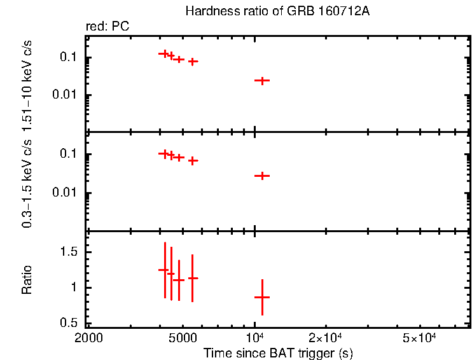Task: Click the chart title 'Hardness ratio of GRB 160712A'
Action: [x=276, y=11]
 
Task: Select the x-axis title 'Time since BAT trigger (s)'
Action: [x=278, y=352]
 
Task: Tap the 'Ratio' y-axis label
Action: [x=27, y=280]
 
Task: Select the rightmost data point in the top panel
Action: [x=262, y=81]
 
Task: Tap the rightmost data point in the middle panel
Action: [x=262, y=176]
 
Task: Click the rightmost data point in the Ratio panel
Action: [x=262, y=297]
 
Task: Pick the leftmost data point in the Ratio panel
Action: [x=164, y=270]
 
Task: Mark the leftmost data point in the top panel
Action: [x=164, y=54]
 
